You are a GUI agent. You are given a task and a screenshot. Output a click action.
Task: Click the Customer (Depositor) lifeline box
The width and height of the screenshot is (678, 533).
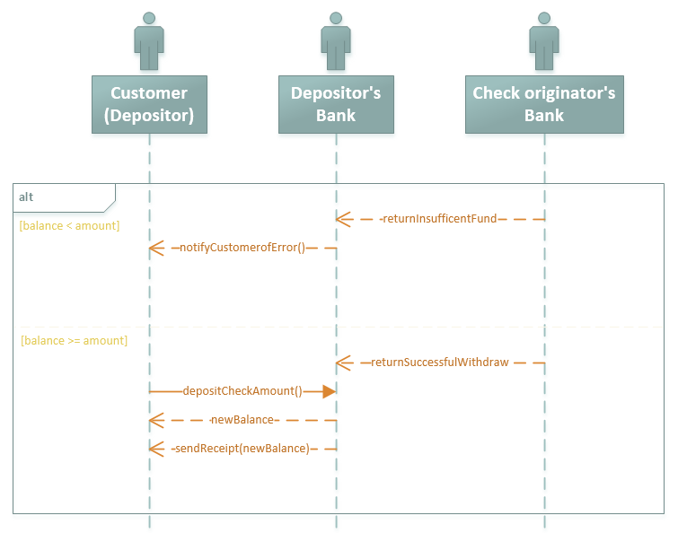[x=149, y=104]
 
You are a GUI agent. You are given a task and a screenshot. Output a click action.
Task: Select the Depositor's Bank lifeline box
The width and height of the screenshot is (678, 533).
[x=336, y=104]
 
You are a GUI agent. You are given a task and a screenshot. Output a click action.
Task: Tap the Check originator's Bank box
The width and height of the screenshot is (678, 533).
[x=543, y=104]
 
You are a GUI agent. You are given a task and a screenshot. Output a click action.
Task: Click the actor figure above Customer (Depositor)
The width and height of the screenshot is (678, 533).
[x=149, y=41]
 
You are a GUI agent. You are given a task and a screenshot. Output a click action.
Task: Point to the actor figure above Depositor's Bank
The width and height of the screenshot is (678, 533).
[x=336, y=41]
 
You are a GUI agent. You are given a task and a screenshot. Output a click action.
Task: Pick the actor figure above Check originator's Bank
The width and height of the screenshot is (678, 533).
[x=543, y=41]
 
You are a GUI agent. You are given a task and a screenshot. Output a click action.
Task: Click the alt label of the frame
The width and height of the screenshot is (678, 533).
[x=27, y=196]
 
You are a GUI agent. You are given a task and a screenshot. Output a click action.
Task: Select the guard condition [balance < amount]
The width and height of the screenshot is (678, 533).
[x=69, y=225]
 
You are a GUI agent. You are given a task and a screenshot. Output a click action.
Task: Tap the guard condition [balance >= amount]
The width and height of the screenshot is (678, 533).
[x=74, y=340]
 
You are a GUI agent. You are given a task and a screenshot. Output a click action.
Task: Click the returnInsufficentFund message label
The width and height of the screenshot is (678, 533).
[x=439, y=218]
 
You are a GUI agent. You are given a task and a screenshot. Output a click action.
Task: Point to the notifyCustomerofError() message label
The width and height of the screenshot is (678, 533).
[x=242, y=247]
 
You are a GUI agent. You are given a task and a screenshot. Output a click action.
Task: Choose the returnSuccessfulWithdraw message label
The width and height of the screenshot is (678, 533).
[x=439, y=363]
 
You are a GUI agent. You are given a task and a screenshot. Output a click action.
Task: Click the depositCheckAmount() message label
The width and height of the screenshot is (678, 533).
[x=242, y=391]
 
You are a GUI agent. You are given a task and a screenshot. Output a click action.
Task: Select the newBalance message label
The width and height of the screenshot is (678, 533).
[x=242, y=420]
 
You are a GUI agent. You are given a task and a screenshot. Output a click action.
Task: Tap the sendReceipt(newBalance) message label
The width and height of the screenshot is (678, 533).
[x=242, y=448]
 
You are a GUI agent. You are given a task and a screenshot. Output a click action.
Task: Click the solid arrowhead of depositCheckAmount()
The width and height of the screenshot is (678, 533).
[x=329, y=391]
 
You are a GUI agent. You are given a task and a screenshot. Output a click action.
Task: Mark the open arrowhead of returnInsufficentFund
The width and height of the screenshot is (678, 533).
[x=342, y=218]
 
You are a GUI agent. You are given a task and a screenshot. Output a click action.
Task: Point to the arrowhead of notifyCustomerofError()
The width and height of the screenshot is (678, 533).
[x=155, y=247]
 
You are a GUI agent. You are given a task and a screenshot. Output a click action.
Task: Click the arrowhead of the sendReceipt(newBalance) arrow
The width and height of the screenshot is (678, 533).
[x=155, y=448]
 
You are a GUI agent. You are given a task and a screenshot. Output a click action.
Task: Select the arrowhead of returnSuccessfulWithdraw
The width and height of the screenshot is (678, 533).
[x=342, y=363]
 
